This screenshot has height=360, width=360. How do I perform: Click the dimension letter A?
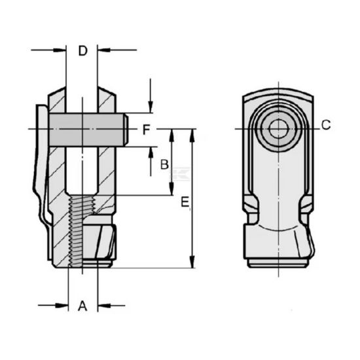pos(82,305)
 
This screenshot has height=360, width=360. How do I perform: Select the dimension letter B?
pos(165,164)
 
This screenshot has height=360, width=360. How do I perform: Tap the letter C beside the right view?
pos(326,126)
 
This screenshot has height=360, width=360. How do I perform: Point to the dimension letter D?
pos(82,50)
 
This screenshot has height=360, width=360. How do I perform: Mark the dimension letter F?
pos(147,130)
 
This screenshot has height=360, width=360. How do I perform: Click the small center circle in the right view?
pos(278,129)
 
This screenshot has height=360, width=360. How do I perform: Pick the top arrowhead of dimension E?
pos(192,134)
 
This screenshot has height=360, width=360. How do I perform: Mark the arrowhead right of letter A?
pos(103,305)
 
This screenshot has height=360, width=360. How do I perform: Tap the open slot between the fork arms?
pos(82,170)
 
